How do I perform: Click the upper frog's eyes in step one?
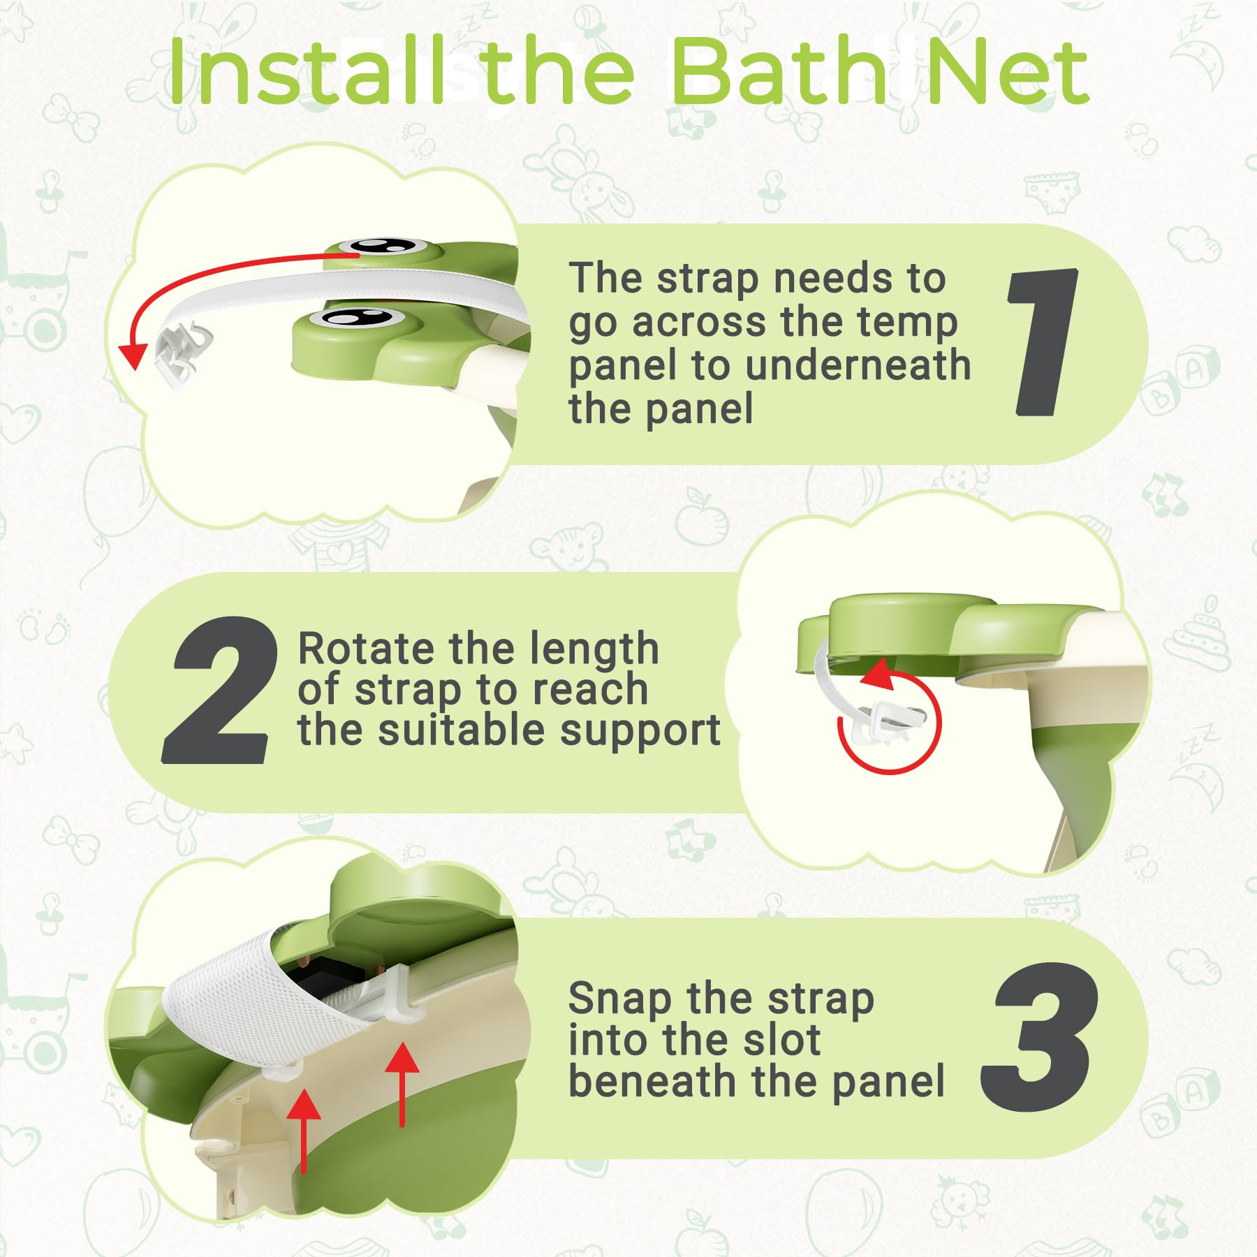[x=382, y=246]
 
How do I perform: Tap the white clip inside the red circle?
[x=890, y=719]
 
